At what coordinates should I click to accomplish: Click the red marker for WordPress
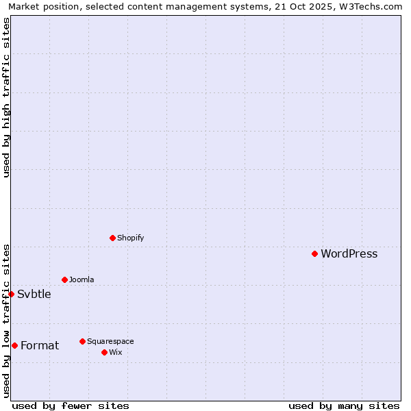[x=314, y=253]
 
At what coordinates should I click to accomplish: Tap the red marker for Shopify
[x=112, y=238]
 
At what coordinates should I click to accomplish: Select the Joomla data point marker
[x=64, y=279]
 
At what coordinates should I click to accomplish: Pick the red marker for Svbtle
[x=11, y=294]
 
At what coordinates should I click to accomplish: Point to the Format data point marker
[x=14, y=345]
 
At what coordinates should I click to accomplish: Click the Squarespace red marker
[x=82, y=341]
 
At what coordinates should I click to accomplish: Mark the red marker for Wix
[x=104, y=352]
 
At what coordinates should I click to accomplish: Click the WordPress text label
[x=349, y=254]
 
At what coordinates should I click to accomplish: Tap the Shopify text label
[x=130, y=238]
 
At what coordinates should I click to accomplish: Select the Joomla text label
[x=82, y=280]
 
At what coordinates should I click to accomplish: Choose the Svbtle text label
[x=34, y=295]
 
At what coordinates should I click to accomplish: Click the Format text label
[x=40, y=346]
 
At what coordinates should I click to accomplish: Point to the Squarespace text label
[x=110, y=342]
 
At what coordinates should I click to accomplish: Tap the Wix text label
[x=116, y=353]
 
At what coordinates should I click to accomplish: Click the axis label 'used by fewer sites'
[x=71, y=406]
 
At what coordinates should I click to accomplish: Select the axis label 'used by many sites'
[x=344, y=406]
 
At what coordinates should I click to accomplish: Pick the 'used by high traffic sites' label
[x=6, y=97]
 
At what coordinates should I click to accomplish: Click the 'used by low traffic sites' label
[x=6, y=320]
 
